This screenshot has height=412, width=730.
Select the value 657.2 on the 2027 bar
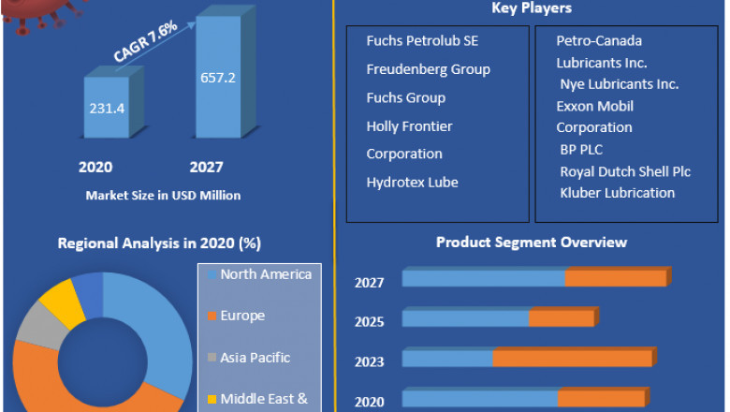(217, 77)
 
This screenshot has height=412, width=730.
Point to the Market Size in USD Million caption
(163, 196)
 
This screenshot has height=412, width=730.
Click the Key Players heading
(532, 8)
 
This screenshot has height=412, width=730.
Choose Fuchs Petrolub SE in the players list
(423, 41)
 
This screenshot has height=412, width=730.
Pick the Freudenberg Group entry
(428, 69)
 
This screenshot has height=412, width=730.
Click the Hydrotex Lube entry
(412, 183)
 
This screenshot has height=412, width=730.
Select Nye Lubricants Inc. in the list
(619, 84)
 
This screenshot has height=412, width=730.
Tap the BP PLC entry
(581, 149)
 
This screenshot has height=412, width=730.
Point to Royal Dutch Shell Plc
(625, 171)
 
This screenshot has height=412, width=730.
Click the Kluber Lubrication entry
(617, 193)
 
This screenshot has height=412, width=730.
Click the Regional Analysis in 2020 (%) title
(159, 243)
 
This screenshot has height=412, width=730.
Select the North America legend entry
(266, 274)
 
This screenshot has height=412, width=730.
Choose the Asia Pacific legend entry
(255, 358)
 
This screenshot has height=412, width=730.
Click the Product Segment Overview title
(532, 243)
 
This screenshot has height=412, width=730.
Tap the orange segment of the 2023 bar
(572, 359)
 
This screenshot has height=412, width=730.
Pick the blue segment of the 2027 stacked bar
(483, 278)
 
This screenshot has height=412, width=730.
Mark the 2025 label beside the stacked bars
(369, 321)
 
